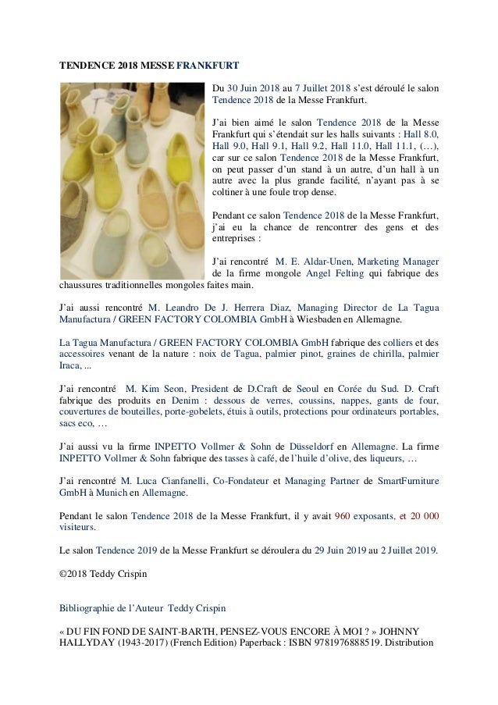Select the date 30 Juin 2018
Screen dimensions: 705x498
254,87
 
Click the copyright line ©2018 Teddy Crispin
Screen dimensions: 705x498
101,576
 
